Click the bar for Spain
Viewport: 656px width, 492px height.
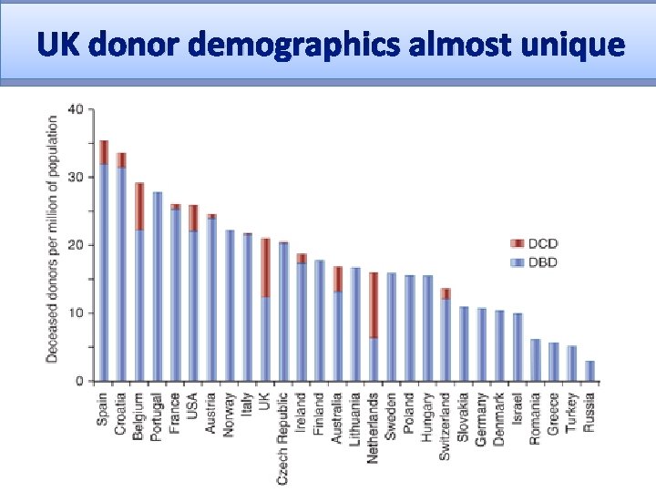coord(104,273)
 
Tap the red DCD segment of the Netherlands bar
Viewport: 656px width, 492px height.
coord(374,305)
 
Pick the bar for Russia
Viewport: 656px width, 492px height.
coord(589,371)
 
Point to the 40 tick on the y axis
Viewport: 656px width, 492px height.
coord(76,110)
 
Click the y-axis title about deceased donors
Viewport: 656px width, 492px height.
coord(53,237)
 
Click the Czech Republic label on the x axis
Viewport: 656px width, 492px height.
coord(283,438)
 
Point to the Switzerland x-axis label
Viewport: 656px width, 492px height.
coord(446,426)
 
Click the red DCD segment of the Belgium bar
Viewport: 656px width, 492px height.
coord(139,206)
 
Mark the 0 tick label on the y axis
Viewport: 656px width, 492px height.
coord(79,381)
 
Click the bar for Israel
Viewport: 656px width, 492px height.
coord(518,347)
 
